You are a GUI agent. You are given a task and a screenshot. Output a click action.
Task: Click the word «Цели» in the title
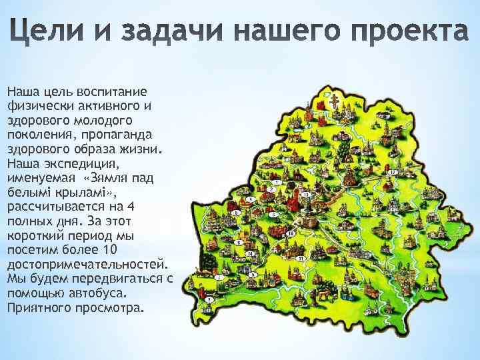(x=49, y=33)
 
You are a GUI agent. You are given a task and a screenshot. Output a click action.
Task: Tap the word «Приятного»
(x=38, y=308)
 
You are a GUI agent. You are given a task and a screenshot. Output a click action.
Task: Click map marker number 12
(x=393, y=172)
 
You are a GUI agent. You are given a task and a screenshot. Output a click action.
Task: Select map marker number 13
(x=305, y=194)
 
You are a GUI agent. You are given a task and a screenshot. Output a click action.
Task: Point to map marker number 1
(x=275, y=182)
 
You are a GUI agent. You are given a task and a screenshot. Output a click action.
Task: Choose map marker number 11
(x=301, y=258)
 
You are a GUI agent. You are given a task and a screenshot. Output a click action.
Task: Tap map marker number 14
(x=250, y=254)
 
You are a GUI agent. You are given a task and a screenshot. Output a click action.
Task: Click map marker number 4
(x=248, y=199)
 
